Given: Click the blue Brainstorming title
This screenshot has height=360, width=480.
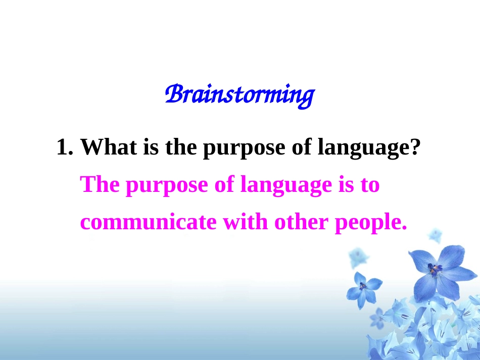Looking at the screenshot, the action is coord(240,95).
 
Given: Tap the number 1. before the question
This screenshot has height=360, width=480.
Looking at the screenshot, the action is coord(65,147).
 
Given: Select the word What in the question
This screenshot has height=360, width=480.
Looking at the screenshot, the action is coord(108,147).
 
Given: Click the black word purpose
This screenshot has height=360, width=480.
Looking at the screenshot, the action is coord(244,148).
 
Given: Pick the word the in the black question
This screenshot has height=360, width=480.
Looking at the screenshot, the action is coord(181,147).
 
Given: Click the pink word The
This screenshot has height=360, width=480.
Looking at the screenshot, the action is coord(100,184).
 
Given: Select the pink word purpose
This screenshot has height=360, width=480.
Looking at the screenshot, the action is coord(167,186).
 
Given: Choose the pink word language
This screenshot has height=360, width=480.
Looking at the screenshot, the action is coord(286,186).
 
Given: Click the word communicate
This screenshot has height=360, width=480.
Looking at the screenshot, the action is coord(148,222).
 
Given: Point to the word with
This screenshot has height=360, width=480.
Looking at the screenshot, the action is coord(245,222).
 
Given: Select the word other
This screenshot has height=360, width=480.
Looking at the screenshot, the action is coord(302,222).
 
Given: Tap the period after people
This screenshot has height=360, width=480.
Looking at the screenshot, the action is coord(404,227).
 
